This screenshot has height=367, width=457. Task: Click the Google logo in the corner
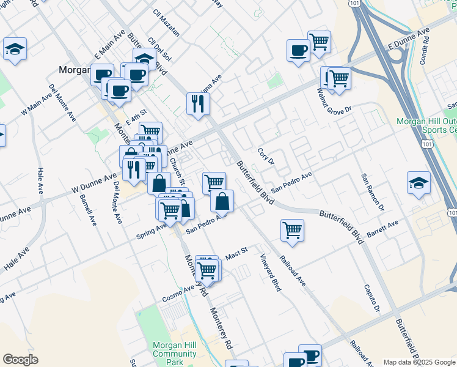pos(20,360)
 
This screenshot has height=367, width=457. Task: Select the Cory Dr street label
pos(266,155)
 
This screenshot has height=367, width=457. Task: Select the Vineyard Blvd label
pos(269,272)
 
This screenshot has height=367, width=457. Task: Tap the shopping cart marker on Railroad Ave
pos(293,231)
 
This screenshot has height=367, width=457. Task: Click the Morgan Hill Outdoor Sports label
pos(426,125)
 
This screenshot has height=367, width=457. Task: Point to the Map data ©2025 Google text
pos(419,362)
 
